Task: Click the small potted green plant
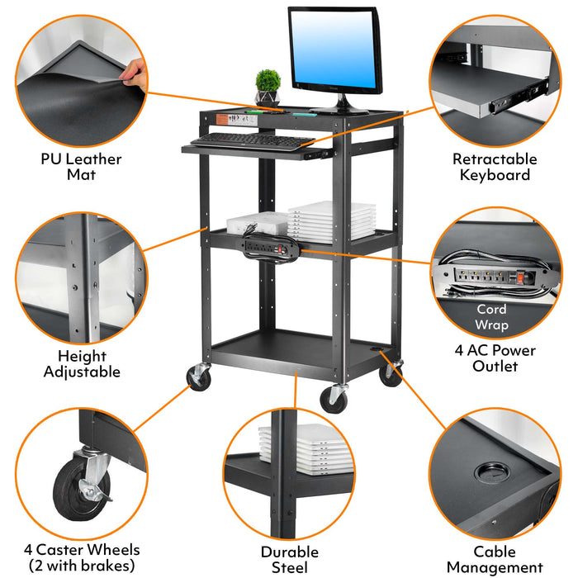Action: click(x=268, y=88)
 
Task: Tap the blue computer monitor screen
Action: click(x=334, y=49)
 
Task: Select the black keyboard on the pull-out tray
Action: click(x=253, y=141)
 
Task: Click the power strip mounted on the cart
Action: click(x=272, y=248)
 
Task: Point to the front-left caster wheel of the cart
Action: click(x=199, y=377)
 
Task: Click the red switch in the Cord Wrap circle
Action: click(x=520, y=278)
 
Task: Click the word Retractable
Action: click(x=495, y=159)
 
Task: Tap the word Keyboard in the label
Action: click(x=495, y=175)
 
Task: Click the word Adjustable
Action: click(x=82, y=372)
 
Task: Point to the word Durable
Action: click(x=290, y=552)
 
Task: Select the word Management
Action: click(x=495, y=567)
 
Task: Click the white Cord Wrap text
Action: click(x=491, y=317)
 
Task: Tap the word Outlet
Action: click(x=495, y=367)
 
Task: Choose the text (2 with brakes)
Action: click(x=82, y=566)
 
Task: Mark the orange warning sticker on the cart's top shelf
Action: click(x=221, y=120)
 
